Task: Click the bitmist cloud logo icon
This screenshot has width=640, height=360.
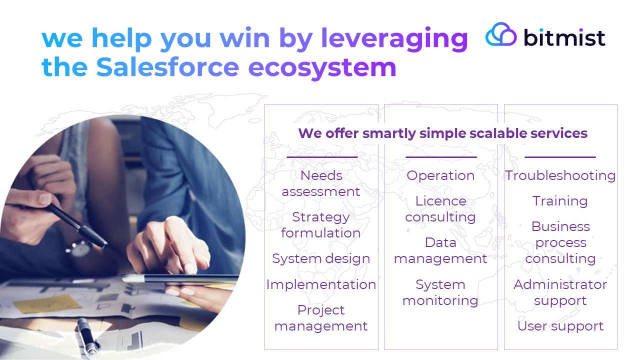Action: click(x=501, y=34)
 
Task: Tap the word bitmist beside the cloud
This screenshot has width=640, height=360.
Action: click(x=564, y=37)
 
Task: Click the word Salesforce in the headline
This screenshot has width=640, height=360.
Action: click(x=167, y=67)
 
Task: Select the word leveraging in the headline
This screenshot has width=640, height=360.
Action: click(x=394, y=39)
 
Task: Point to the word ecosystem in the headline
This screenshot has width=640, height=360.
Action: click(x=322, y=68)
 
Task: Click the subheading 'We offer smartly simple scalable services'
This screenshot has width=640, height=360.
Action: click(x=442, y=133)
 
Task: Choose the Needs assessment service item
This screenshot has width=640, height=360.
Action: click(x=321, y=183)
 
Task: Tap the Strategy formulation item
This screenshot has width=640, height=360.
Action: click(x=321, y=225)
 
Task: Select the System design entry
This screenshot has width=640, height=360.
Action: click(x=321, y=259)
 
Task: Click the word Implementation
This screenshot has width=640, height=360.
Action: click(x=321, y=284)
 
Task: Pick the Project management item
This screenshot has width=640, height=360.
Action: click(x=321, y=318)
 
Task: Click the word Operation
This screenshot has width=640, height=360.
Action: click(x=440, y=175)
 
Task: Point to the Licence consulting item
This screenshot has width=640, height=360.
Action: click(x=440, y=209)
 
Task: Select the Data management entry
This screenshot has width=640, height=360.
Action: click(x=440, y=250)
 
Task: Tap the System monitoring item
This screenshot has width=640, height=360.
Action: click(x=440, y=292)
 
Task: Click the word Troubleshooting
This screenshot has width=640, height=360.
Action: click(x=560, y=175)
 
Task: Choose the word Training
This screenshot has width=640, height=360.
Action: click(x=560, y=201)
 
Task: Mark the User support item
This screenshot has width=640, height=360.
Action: click(x=560, y=326)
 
